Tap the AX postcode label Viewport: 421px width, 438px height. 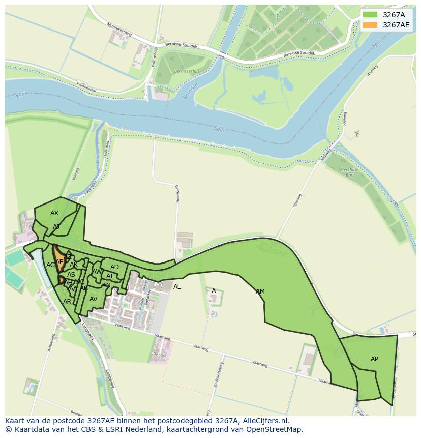pyautogui.click(x=54, y=213)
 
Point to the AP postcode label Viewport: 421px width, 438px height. pyautogui.click(x=374, y=359)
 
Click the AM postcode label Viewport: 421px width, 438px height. pyautogui.click(x=260, y=291)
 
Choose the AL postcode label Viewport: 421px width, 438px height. pyautogui.click(x=177, y=287)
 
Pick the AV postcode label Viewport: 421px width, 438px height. pyautogui.click(x=93, y=299)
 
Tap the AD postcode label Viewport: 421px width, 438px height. pyautogui.click(x=114, y=267)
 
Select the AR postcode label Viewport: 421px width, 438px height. pyautogui.click(x=67, y=302)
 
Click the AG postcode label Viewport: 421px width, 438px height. pyautogui.click(x=50, y=265)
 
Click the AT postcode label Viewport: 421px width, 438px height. pyautogui.click(x=110, y=276)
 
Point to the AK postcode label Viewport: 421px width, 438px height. pyautogui.click(x=74, y=265)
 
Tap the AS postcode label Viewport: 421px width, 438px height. pyautogui.click(x=71, y=275)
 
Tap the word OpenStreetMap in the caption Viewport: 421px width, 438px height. pyautogui.click(x=277, y=430)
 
